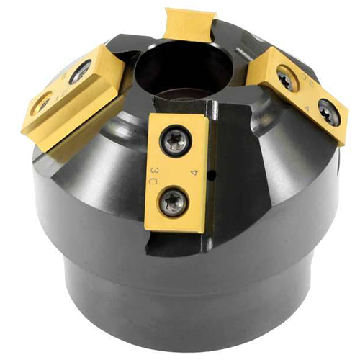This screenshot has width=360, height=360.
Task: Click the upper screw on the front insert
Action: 175,141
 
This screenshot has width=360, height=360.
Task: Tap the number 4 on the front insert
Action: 193,173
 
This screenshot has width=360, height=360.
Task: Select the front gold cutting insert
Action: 176,173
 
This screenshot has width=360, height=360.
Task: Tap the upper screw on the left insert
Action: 81,72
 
